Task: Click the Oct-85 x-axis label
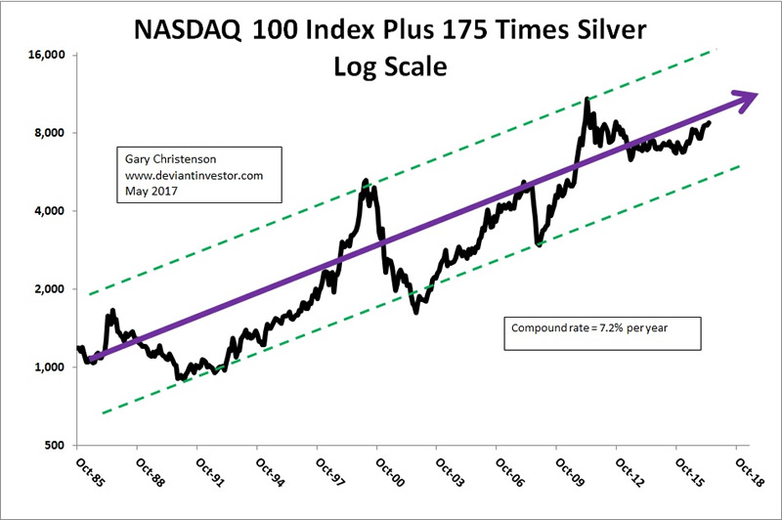pos(85,470)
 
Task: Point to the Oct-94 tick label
pos(265,470)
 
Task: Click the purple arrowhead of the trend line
pos(746,98)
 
